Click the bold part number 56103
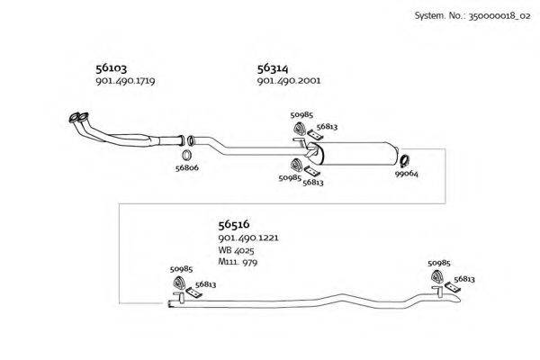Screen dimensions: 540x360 click(112, 68)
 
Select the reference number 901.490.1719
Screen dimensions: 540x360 click(125, 81)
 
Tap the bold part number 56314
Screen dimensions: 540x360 click(273, 68)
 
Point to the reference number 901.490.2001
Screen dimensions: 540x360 click(289, 81)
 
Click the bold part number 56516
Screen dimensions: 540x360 click(234, 225)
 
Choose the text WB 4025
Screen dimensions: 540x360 click(236, 250)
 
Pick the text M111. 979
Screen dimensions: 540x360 click(238, 262)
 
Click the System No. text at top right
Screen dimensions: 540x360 click(472, 16)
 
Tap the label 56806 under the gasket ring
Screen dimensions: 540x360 click(187, 168)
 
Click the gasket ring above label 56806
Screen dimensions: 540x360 click(186, 155)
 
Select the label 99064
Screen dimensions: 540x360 click(407, 174)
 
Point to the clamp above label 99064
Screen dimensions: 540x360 click(405, 161)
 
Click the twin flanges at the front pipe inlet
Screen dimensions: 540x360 click(79, 118)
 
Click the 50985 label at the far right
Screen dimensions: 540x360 click(439, 263)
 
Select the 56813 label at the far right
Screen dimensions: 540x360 click(464, 279)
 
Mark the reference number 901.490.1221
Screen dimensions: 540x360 click(248, 238)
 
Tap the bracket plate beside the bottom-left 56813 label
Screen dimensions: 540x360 click(193, 292)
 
